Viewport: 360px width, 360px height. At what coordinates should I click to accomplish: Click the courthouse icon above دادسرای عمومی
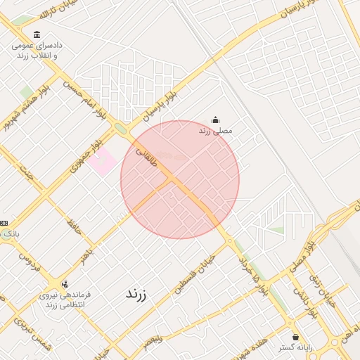[37, 34]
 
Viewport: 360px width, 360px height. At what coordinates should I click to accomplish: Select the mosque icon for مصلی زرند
[215, 120]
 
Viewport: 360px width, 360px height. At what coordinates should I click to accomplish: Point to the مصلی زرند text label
[215, 131]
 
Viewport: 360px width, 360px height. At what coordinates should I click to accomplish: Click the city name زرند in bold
[135, 294]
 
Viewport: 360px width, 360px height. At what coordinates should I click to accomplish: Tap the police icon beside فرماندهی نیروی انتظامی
[65, 285]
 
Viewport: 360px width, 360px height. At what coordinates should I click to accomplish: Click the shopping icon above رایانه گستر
[295, 336]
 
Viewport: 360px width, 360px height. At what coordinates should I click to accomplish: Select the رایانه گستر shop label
[295, 347]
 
